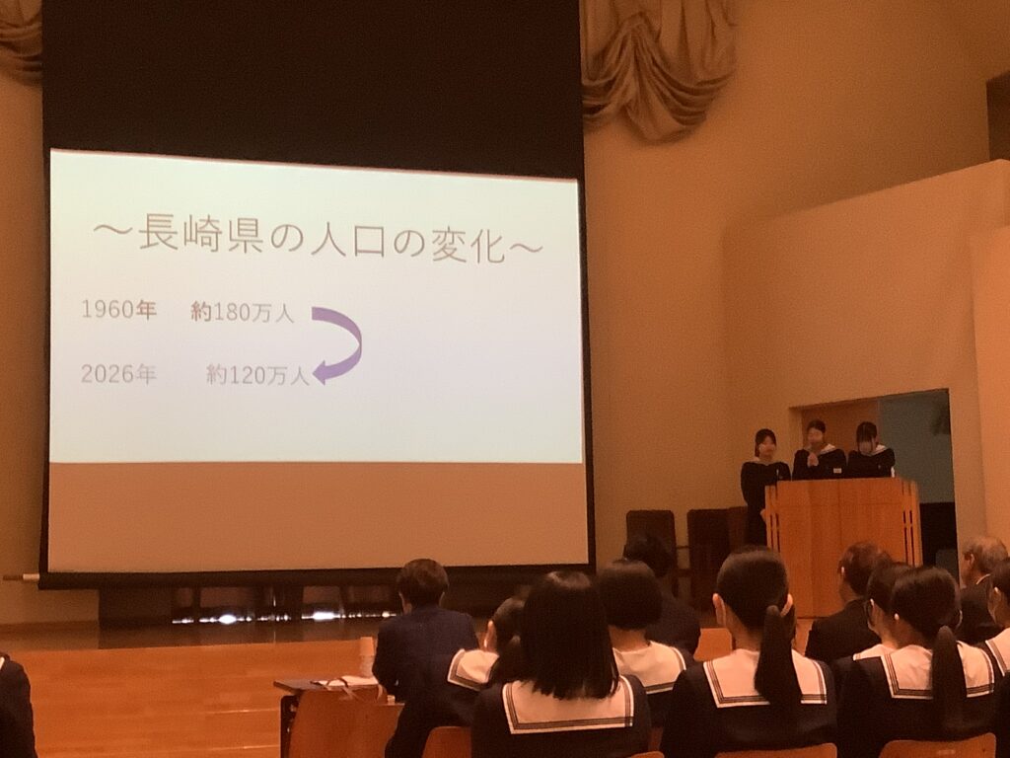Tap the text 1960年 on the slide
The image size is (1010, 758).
(118, 309)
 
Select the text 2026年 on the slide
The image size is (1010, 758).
(118, 373)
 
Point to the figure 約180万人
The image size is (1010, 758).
(243, 313)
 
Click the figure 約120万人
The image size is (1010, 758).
(257, 375)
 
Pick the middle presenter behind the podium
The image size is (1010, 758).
(818, 450)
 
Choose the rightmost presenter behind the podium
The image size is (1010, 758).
(870, 450)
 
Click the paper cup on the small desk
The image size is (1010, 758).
(366, 653)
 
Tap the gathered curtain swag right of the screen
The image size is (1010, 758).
(657, 64)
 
